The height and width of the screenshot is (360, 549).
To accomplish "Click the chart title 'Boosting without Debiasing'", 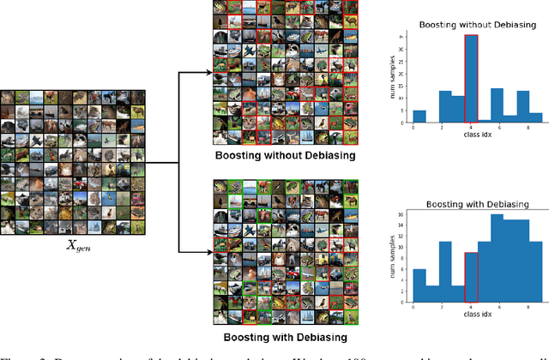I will point(471,26).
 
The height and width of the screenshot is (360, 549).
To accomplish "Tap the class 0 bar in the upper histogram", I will point(419,116).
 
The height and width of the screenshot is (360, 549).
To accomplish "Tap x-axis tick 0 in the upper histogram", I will point(413,128).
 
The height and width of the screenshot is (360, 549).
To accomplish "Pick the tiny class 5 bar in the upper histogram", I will point(484,120).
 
